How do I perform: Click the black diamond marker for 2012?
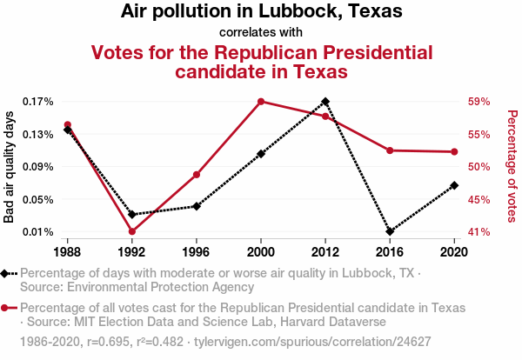click(325, 102)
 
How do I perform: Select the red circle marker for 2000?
click(261, 102)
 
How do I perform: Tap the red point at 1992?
click(132, 231)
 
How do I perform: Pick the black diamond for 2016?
click(390, 231)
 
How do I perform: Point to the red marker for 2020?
click(454, 152)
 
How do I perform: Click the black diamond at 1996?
click(197, 206)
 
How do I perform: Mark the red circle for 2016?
click(390, 150)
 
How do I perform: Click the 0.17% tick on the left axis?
click(38, 102)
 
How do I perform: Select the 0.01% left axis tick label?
click(38, 232)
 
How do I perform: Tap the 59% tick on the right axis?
click(480, 102)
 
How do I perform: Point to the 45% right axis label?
click(480, 199)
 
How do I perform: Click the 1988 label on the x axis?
click(68, 252)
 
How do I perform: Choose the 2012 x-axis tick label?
click(325, 252)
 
